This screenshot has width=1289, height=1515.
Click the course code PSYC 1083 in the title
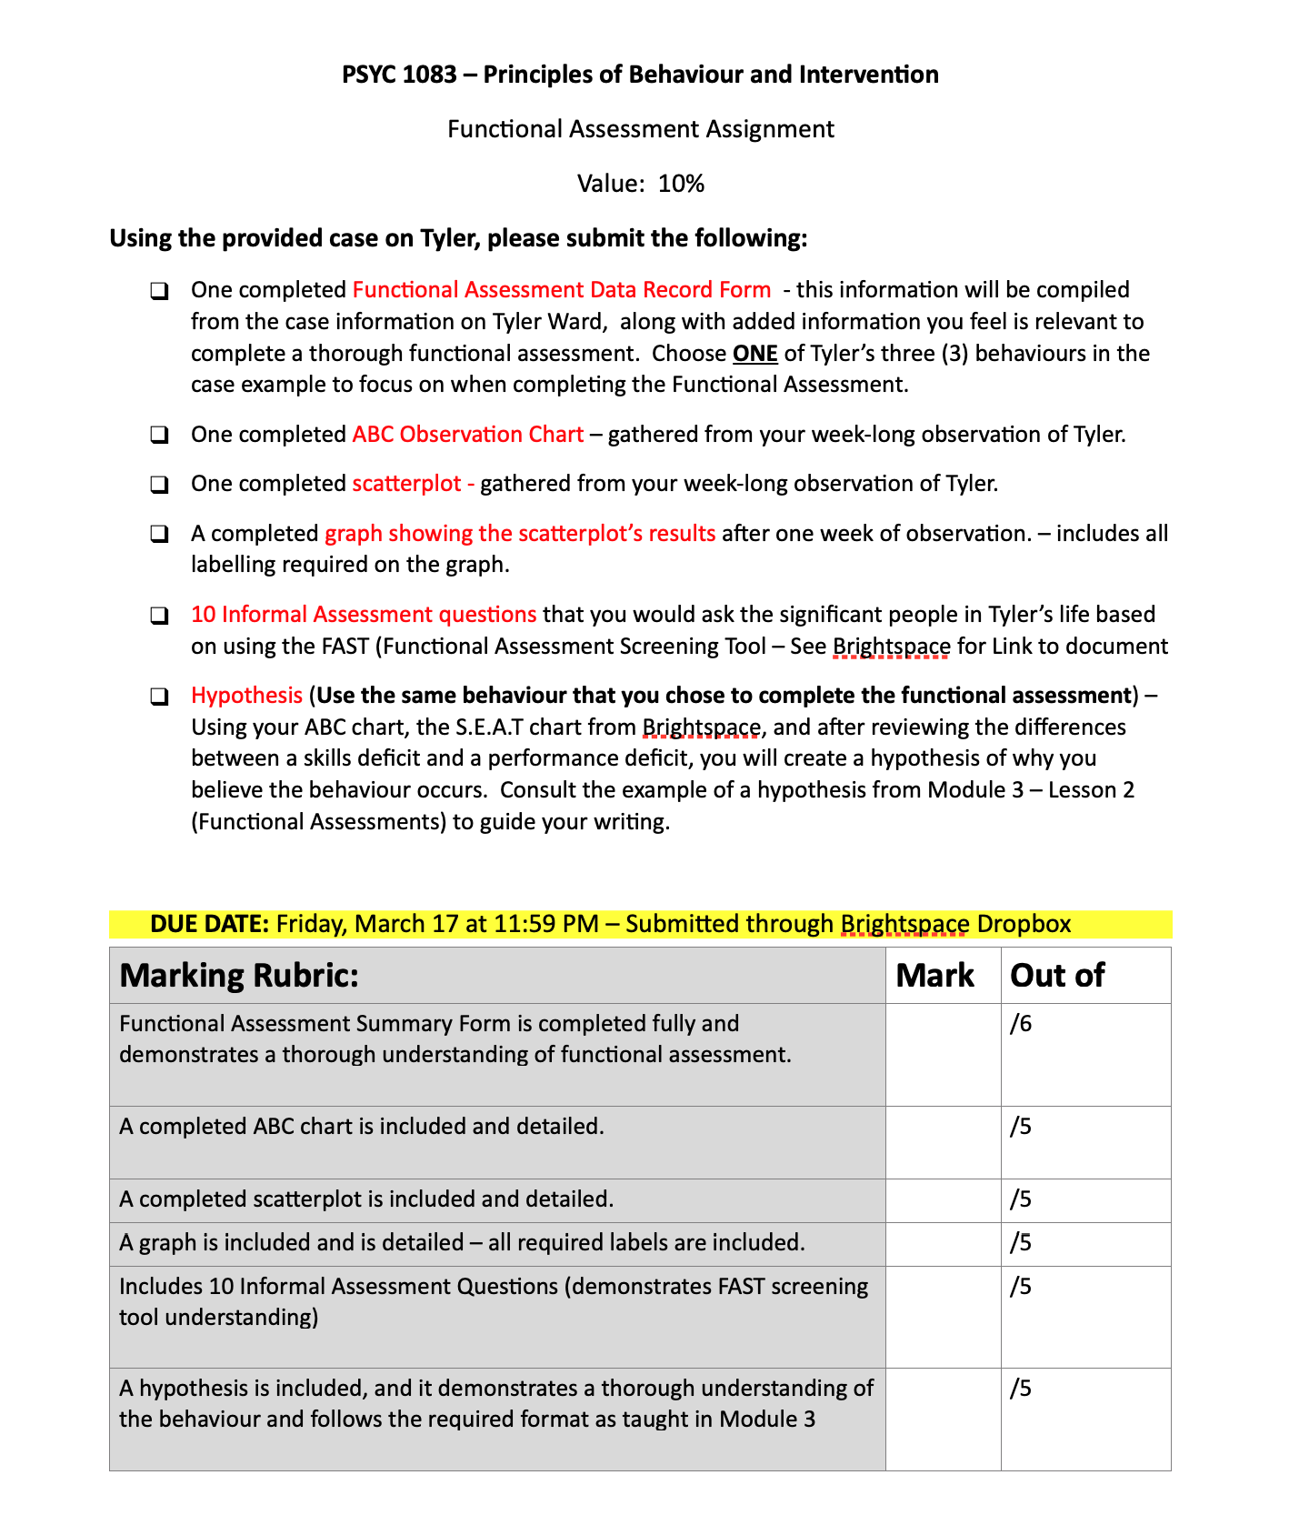coord(399,75)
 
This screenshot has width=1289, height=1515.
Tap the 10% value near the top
coord(681,184)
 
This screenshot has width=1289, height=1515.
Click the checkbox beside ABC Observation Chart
coord(159,435)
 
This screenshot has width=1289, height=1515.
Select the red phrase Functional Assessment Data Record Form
coord(561,290)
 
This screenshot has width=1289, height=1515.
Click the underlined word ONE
coord(754,353)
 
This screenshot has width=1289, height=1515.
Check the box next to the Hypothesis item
coord(159,697)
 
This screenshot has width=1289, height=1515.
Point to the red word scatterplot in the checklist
coord(406,484)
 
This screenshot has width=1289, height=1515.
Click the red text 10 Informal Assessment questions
coord(364,615)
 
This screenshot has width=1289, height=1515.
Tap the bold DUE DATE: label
coord(209,924)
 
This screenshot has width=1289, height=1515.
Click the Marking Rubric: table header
coord(239,976)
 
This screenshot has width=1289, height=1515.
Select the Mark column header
coord(934,976)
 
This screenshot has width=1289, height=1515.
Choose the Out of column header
coord(1057,976)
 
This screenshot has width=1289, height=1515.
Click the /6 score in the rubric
coord(1021,1025)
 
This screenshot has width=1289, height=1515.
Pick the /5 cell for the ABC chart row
coord(1021,1128)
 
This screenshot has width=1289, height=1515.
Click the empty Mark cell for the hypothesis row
coord(943,1419)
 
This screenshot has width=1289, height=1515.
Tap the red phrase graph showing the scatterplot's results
coord(520,533)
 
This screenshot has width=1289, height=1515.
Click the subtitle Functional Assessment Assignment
coord(640,129)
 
